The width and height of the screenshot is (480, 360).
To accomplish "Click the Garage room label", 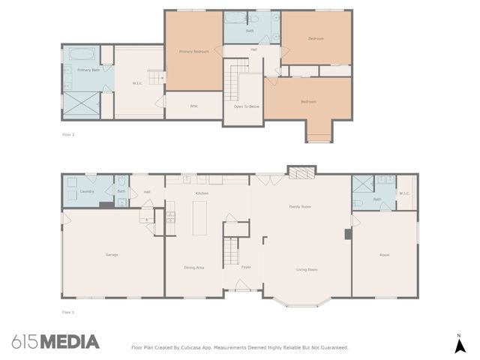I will [111, 255].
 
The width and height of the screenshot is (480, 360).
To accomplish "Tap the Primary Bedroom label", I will [193, 52].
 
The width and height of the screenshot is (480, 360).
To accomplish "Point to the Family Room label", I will [300, 206].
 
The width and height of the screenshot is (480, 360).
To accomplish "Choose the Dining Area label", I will [194, 267].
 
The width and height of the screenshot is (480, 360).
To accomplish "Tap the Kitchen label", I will [202, 193].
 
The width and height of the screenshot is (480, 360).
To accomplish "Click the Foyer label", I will [246, 267].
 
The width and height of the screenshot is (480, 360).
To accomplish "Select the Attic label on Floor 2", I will [193, 106].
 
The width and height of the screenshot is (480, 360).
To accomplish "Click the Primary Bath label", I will [88, 70].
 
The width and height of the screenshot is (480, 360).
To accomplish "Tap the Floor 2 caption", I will [68, 134].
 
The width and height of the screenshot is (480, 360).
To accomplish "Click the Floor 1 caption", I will [68, 311].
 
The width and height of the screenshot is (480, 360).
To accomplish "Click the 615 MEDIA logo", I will [55, 342].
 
